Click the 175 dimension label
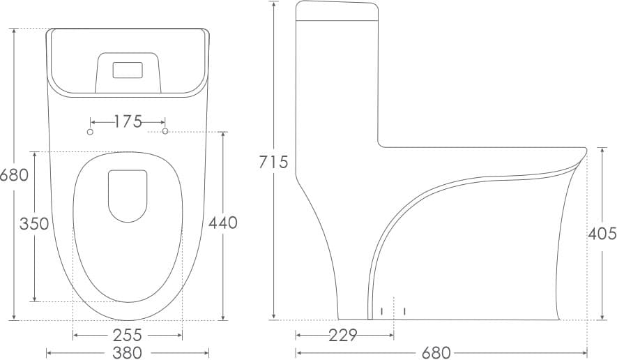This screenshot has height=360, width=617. [128, 121]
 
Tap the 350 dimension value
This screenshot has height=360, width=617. [34, 224]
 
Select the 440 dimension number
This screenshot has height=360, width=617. [222, 223]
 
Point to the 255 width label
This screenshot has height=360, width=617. [127, 335]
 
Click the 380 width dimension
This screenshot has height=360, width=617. [127, 352]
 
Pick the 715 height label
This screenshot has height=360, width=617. [273, 162]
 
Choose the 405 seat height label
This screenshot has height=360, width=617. [602, 234]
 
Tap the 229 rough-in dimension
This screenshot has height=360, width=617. [343, 335]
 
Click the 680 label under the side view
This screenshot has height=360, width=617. [436, 352]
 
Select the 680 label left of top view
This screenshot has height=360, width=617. [14, 175]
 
